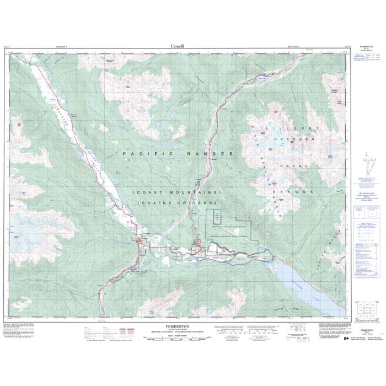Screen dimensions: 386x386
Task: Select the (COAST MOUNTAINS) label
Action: tap(176, 191)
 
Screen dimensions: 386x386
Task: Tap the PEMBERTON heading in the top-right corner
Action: tap(366, 48)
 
